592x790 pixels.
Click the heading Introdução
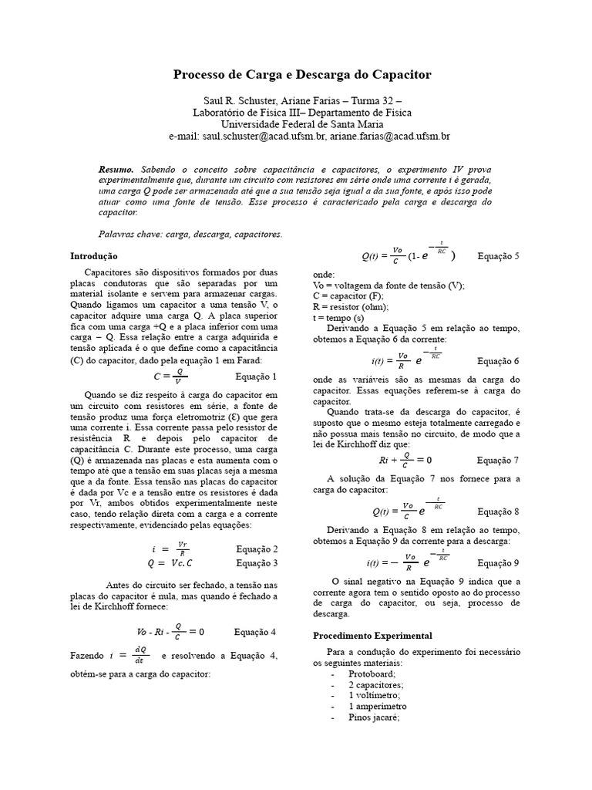(94, 255)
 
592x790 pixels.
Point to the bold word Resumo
(116, 169)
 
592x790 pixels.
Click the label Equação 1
(254, 376)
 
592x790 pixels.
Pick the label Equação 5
(498, 255)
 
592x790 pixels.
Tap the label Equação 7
(498, 461)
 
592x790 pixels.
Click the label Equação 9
(498, 562)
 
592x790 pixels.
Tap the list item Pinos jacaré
(374, 717)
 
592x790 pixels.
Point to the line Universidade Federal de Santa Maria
(296, 123)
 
